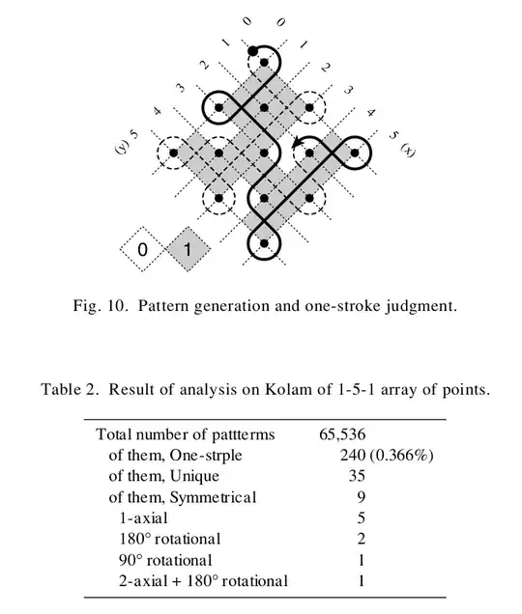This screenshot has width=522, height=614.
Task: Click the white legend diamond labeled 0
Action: point(142,250)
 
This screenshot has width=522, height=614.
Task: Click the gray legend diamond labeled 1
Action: point(188,250)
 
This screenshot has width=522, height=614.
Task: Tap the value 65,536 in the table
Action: point(341,434)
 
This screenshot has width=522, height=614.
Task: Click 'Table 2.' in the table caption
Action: point(70,390)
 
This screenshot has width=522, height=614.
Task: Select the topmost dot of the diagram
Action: point(253,50)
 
